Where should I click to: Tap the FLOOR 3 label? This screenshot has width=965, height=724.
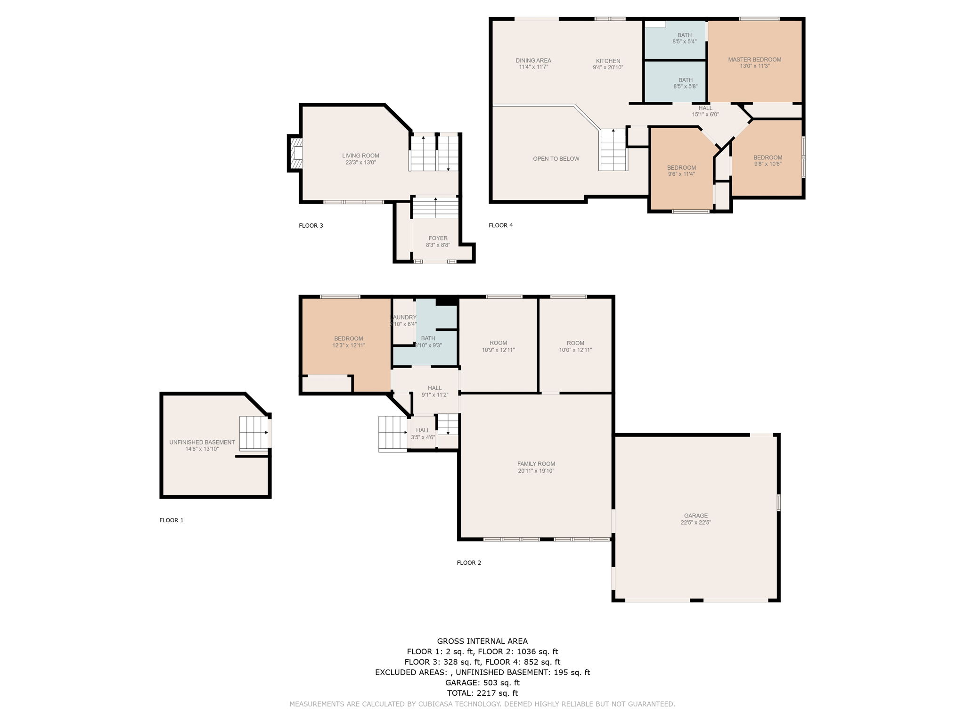[311, 225]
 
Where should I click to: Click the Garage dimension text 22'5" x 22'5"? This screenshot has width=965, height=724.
[695, 522]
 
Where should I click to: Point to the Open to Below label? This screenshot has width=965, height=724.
[556, 159]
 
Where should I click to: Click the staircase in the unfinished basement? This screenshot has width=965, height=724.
[254, 433]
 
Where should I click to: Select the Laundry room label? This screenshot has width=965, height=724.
[404, 318]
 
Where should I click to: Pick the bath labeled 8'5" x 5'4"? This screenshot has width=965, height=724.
[684, 38]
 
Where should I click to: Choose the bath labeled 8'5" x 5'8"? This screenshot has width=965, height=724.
[685, 83]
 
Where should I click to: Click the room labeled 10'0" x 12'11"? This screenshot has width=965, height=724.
[575, 346]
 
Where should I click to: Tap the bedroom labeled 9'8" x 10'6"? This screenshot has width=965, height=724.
[768, 161]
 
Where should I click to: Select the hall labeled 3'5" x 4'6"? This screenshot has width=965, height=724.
[423, 434]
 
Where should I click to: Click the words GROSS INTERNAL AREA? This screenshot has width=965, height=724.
[482, 641]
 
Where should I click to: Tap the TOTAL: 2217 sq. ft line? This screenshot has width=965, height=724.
[482, 693]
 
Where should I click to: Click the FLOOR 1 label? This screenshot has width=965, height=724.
[172, 520]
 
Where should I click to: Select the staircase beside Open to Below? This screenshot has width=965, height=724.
[613, 150]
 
